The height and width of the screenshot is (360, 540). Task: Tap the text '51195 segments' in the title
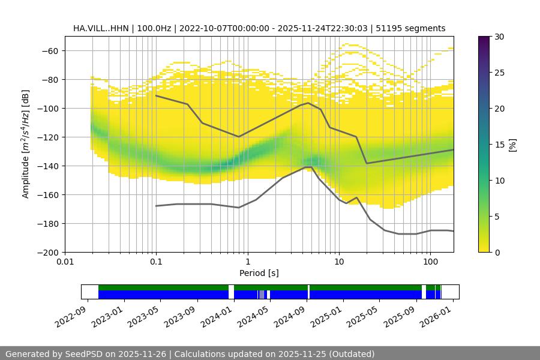pyautogui.click(x=415, y=28)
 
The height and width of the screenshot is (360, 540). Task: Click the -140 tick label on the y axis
pyautogui.click(x=46, y=166)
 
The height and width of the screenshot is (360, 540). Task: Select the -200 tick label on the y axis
pyautogui.click(x=46, y=252)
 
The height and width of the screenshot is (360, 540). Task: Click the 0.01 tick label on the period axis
pyautogui.click(x=65, y=262)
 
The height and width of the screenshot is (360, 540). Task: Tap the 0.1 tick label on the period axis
pyautogui.click(x=156, y=262)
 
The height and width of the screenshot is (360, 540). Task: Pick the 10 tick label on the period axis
pyautogui.click(x=339, y=262)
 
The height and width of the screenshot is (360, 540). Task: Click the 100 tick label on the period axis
pyautogui.click(x=430, y=262)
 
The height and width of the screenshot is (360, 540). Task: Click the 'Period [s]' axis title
pyautogui.click(x=259, y=273)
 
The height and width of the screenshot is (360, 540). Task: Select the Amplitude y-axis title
pyautogui.click(x=26, y=144)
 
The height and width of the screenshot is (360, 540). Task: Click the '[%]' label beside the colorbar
pyautogui.click(x=512, y=144)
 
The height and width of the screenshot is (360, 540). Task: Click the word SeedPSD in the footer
pyautogui.click(x=83, y=354)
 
